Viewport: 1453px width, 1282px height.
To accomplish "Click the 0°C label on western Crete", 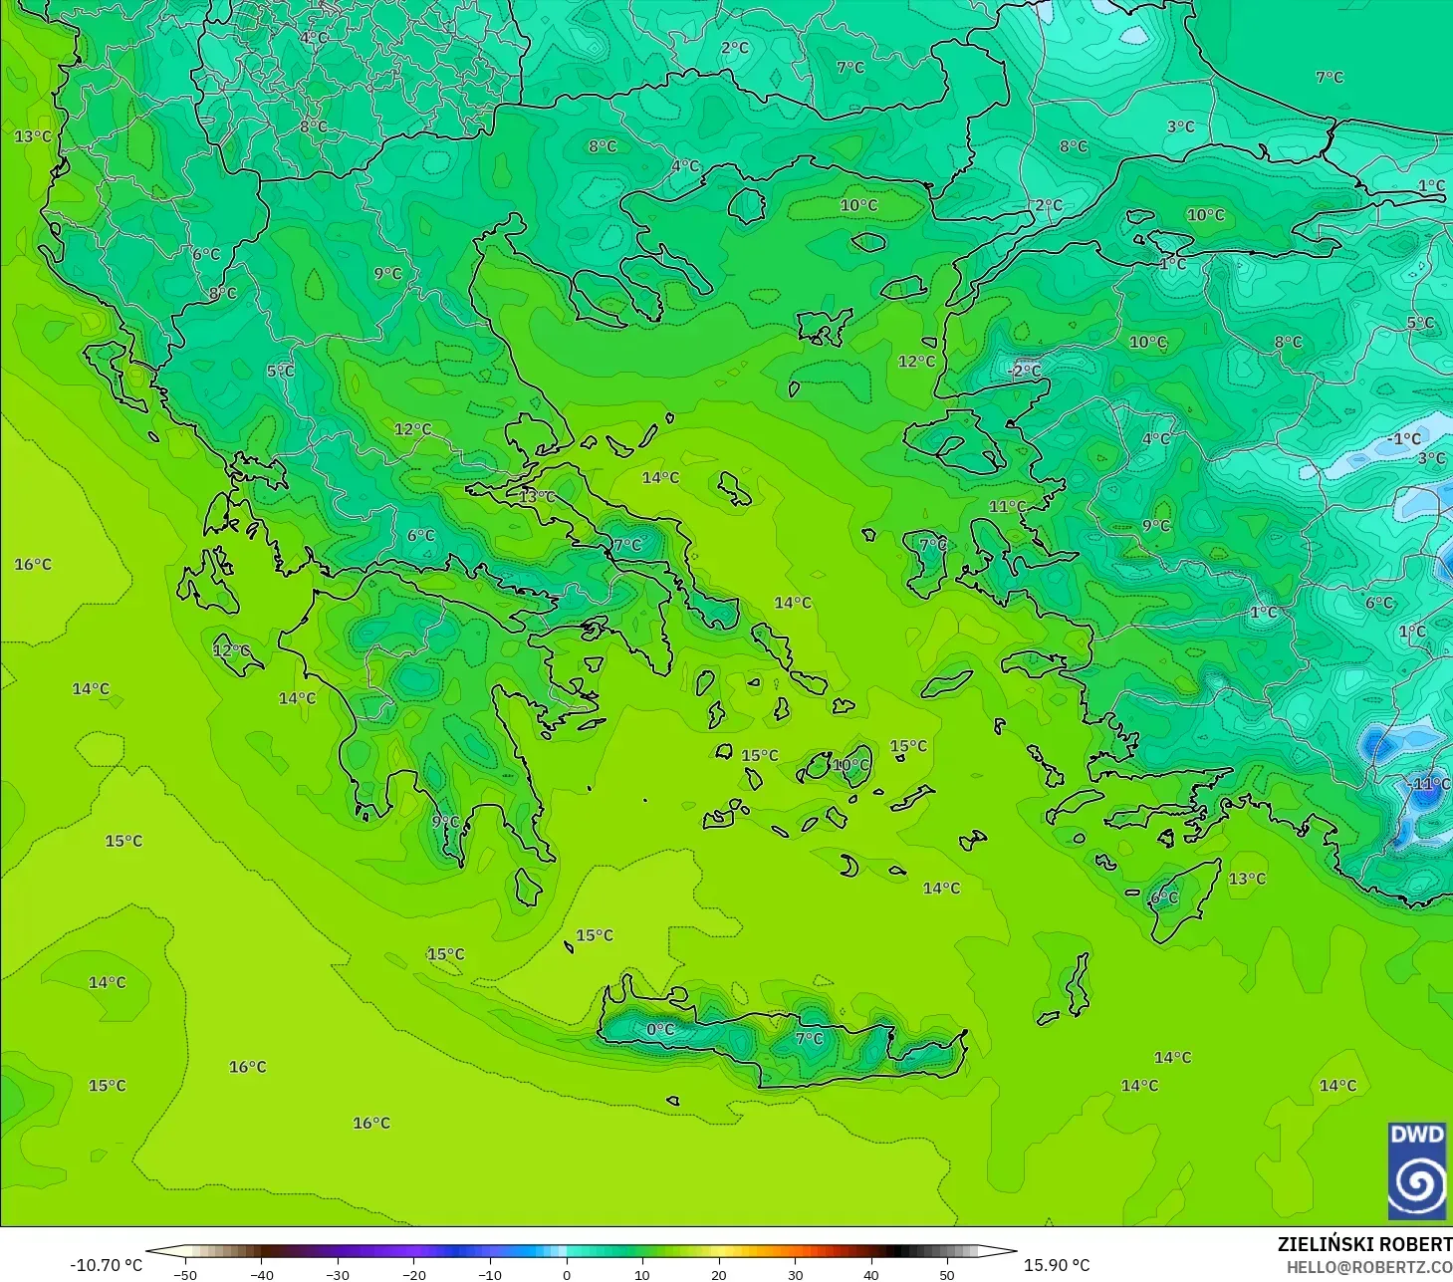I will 660,1029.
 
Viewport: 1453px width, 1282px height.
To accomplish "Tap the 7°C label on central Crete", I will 810,1038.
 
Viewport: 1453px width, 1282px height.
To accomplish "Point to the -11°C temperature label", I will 1430,784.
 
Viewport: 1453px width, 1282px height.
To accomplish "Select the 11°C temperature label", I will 1007,507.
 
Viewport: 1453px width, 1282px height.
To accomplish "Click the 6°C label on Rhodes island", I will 1164,897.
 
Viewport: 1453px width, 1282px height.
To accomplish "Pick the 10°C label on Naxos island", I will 850,765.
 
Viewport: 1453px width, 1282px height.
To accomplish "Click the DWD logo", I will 1416,1170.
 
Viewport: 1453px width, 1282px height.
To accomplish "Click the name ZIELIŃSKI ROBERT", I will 1364,1244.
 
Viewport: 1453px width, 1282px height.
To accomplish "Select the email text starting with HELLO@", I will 1368,1267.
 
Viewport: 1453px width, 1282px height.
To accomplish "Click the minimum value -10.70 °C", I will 106,1265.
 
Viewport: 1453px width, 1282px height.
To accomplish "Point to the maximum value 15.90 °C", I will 1057,1265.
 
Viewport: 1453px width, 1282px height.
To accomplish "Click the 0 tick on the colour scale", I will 567,1274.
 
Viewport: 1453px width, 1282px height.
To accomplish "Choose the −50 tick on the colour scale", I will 184,1274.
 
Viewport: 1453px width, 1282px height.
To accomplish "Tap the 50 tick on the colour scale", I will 947,1274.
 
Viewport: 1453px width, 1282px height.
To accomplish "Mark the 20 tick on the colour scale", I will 719,1274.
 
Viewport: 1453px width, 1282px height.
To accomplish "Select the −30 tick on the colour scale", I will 338,1274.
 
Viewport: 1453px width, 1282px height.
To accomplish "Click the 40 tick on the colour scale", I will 871,1274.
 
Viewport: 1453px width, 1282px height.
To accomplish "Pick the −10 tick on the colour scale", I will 490,1274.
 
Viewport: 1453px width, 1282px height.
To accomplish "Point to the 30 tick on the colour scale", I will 795,1274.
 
